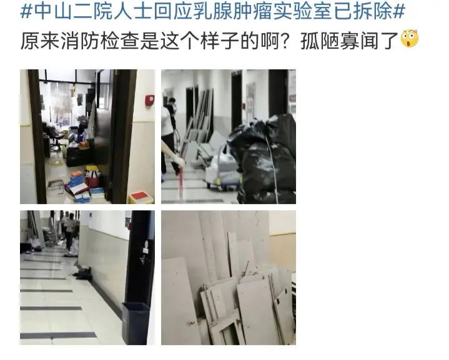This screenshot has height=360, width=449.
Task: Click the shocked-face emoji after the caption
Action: (409, 39)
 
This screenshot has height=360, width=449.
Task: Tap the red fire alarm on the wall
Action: (149, 100)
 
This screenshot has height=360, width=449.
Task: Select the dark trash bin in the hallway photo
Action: (135, 323)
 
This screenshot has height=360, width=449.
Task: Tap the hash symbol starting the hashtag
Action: (27, 12)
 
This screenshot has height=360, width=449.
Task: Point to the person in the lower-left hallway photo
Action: (69, 233)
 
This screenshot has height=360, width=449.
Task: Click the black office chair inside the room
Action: (53, 135)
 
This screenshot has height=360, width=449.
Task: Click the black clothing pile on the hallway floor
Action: (82, 274)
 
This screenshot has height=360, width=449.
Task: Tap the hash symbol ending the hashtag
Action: (399, 12)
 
